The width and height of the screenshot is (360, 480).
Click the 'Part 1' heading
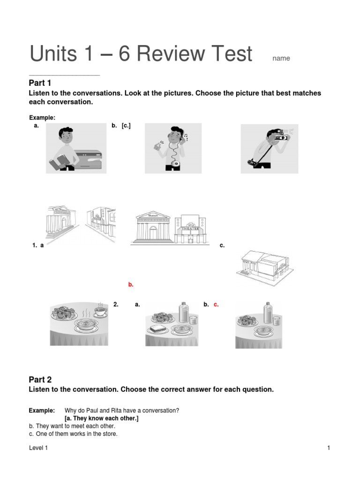40,83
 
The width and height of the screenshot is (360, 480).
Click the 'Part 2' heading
40,380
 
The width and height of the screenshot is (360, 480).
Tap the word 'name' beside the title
281,59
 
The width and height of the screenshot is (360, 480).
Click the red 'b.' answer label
131,285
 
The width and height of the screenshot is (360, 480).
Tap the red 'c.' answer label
216,304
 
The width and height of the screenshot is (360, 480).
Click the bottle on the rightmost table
268,314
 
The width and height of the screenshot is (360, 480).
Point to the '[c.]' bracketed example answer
126,126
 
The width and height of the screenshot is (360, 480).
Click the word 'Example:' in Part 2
42,411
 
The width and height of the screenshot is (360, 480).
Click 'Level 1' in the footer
38,448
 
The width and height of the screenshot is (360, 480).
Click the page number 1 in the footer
329,448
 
